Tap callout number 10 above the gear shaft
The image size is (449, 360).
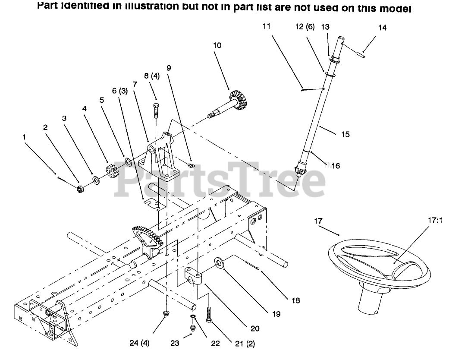click(x=217, y=45)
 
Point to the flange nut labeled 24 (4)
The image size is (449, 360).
click(x=166, y=314)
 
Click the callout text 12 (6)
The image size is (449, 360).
click(x=304, y=27)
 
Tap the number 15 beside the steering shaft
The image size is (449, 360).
click(x=345, y=134)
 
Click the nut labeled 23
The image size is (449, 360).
click(x=193, y=328)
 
